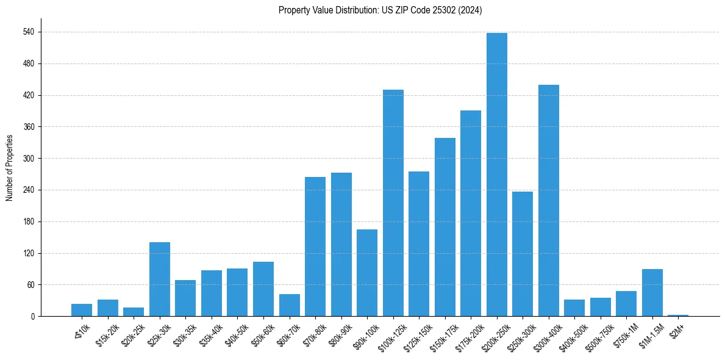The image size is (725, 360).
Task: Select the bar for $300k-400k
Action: (x=549, y=201)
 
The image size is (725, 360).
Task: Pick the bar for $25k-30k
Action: (x=160, y=279)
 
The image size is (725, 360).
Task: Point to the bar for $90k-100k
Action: (x=367, y=273)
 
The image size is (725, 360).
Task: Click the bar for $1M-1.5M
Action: (x=652, y=293)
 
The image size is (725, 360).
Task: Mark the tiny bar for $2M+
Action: (x=678, y=315)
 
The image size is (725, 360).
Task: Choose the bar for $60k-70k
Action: (x=290, y=305)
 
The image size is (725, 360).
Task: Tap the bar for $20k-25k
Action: (x=134, y=312)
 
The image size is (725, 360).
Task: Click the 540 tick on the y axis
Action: (x=29, y=32)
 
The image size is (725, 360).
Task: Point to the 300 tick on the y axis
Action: (x=29, y=159)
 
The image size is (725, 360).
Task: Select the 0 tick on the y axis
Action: (x=32, y=317)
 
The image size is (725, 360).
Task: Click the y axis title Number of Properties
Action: (x=9, y=168)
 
